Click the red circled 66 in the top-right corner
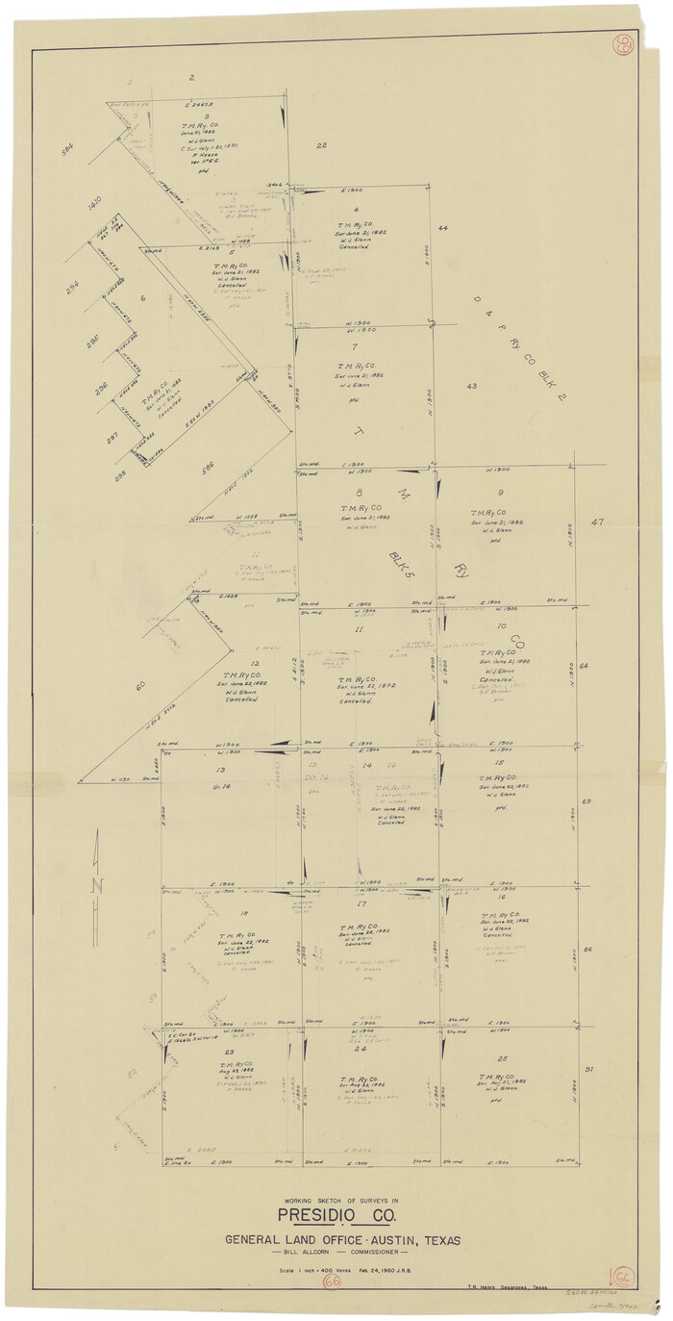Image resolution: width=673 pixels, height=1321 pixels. (623, 44)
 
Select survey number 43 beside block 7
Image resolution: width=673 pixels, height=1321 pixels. (471, 386)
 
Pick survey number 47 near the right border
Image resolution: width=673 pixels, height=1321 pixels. (597, 521)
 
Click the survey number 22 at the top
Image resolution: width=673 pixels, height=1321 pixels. (322, 145)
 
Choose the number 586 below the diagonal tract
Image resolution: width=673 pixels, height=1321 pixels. (209, 467)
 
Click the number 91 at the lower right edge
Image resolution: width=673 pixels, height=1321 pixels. (587, 1069)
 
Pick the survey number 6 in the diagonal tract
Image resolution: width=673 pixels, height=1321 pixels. (142, 298)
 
